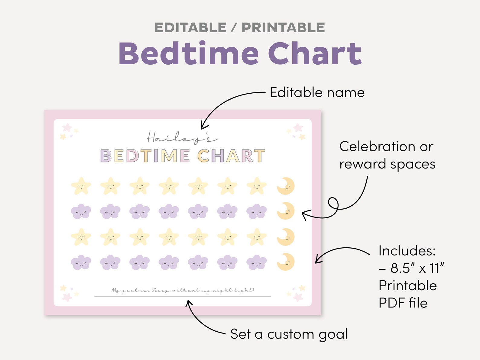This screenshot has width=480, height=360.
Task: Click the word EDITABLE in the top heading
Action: click(190, 28)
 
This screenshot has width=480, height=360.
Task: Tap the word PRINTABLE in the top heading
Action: click(283, 28)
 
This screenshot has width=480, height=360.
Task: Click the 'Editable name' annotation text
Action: click(317, 92)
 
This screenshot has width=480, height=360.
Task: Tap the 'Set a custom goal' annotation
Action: click(289, 334)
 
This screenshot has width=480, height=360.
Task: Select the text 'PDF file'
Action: click(403, 303)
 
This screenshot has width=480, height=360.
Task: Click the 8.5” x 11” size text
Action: click(417, 268)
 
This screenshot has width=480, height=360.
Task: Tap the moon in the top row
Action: click(286, 186)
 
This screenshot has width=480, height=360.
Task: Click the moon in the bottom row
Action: click(286, 262)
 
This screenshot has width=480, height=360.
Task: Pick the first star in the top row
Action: click(81, 186)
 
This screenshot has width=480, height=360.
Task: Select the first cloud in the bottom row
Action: click(81, 262)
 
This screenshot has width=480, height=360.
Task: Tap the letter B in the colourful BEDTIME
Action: click(106, 156)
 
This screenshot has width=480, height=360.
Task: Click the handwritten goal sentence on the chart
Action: click(183, 290)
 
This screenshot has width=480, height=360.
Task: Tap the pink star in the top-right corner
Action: click(298, 127)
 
